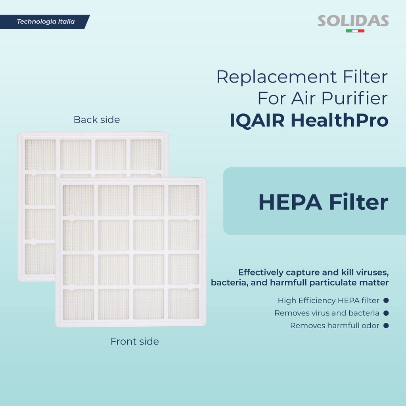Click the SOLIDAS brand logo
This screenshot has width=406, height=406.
353,21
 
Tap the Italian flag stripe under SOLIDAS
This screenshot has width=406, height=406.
355,31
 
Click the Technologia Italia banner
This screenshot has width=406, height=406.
45,22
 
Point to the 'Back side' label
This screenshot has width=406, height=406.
97,119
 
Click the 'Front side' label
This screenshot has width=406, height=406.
134,341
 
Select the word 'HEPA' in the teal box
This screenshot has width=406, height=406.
290,203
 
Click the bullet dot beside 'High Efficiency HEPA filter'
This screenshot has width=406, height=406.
386,301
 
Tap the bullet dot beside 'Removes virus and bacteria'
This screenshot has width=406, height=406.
386,313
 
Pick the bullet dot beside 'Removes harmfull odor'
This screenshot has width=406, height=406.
386,326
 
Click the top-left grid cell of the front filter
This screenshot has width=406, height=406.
78,201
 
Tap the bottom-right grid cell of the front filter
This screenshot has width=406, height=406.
184,304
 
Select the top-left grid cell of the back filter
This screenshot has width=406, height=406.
40,155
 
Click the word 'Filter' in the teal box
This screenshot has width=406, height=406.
358,203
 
